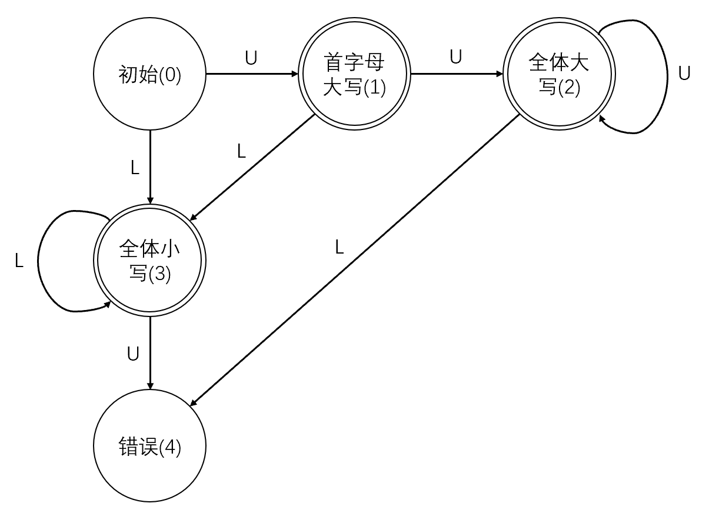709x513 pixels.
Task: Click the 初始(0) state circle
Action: click(x=150, y=75)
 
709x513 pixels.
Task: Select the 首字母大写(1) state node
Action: click(x=355, y=75)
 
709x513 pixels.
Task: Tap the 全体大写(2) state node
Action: click(x=559, y=75)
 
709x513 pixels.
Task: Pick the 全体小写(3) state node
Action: click(x=150, y=261)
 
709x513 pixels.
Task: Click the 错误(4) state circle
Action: click(x=150, y=447)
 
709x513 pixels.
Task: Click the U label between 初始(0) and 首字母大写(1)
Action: click(x=251, y=59)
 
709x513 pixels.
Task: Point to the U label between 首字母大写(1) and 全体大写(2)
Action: click(x=455, y=56)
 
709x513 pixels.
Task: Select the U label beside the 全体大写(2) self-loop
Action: click(x=684, y=74)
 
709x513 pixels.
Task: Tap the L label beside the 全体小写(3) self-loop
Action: click(x=19, y=261)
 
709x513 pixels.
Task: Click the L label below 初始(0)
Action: click(x=135, y=168)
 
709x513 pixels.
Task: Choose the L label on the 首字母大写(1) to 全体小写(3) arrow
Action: click(x=241, y=152)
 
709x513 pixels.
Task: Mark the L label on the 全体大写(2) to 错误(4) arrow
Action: click(x=339, y=247)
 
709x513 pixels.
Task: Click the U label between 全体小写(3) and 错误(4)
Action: click(x=134, y=354)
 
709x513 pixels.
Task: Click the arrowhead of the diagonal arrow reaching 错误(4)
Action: click(x=194, y=402)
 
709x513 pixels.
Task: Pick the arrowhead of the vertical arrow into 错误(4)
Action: click(x=150, y=387)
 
